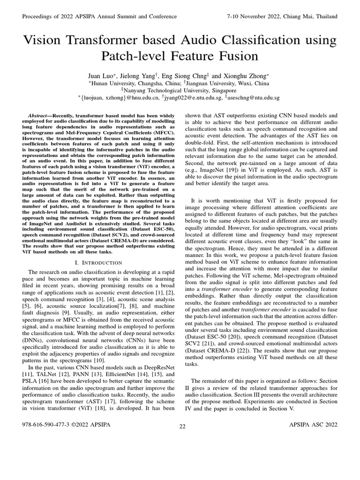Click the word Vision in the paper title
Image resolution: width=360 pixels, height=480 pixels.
(x=45, y=39)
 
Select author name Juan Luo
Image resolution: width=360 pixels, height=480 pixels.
(x=101, y=75)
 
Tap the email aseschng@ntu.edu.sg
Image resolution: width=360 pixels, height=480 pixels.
(x=254, y=98)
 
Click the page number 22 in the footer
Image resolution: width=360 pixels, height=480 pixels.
(x=182, y=426)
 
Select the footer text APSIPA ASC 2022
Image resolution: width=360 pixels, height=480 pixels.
(x=314, y=424)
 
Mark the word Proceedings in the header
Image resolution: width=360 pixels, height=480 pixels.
(x=39, y=16)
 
